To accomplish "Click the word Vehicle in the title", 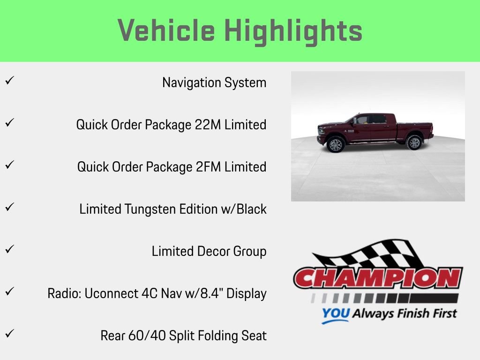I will point(166,31).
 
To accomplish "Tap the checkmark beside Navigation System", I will point(8,80).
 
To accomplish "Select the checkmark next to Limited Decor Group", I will point(8,249).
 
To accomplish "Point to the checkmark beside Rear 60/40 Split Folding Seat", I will point(8,333).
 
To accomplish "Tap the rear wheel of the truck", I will point(414,142).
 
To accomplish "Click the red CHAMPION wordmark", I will point(378,278).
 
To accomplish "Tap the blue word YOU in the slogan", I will point(336,314).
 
